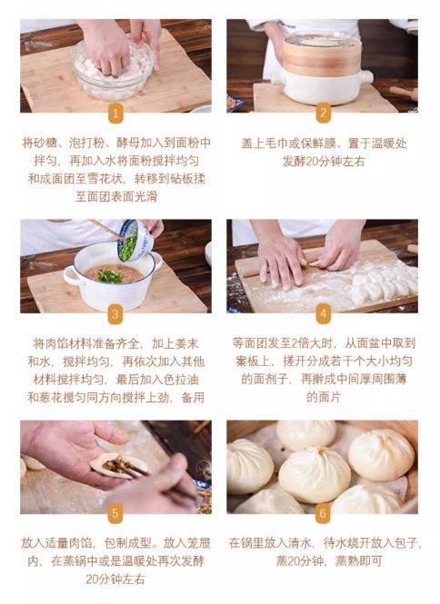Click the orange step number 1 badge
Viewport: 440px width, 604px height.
point(115,114)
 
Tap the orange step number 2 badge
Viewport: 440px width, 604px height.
point(323,113)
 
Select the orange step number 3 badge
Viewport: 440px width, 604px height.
point(115,314)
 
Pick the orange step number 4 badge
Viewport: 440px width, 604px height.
point(323,313)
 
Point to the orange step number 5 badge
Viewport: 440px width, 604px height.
point(115,513)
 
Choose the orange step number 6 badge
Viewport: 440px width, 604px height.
point(323,513)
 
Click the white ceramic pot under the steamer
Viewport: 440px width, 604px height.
point(322,87)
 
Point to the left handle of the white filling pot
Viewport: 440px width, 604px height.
point(71,275)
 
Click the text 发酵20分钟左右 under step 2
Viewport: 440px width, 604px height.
point(324,162)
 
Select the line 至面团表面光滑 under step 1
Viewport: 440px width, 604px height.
point(116,197)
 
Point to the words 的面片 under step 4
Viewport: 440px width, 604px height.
point(324,397)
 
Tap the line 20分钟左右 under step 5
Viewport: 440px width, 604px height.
point(115,579)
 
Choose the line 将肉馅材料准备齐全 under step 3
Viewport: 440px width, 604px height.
point(85,343)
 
